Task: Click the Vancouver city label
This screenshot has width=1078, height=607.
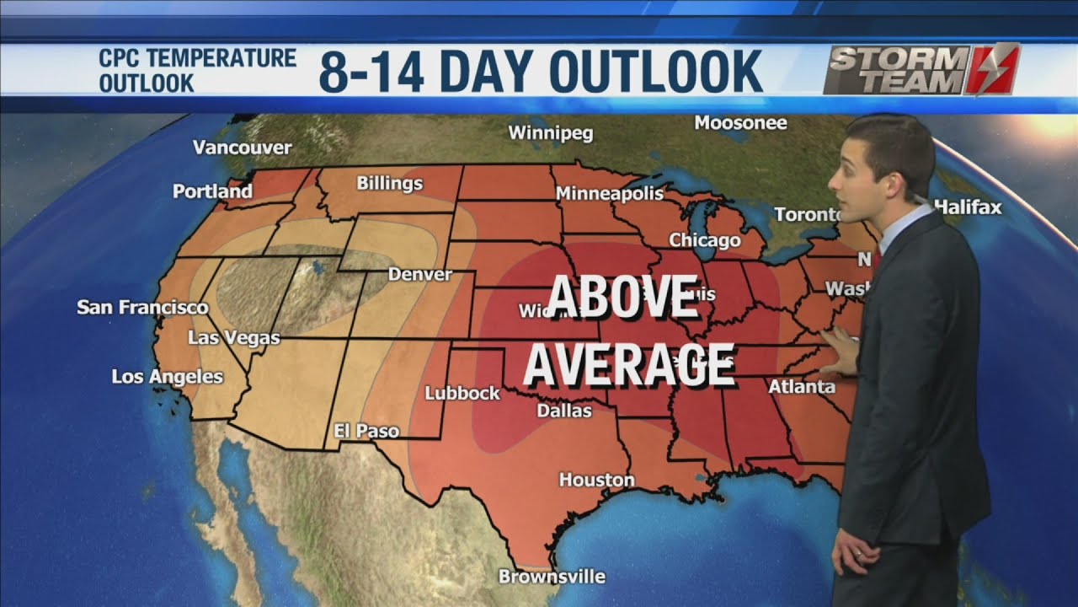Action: click(242, 148)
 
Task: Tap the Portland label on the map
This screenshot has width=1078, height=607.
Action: click(212, 191)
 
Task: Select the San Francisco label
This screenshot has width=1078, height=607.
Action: click(142, 308)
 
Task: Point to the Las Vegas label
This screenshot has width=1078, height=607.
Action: click(233, 338)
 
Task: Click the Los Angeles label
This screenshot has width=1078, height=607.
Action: click(168, 377)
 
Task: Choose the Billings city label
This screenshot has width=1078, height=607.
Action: click(389, 183)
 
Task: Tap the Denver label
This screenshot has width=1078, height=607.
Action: click(419, 274)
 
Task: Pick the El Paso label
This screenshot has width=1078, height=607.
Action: click(366, 431)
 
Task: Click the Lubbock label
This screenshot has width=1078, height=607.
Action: click(462, 393)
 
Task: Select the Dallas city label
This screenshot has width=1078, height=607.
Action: click(564, 411)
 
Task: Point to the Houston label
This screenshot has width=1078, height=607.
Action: click(597, 480)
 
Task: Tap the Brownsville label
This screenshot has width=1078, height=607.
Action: click(552, 577)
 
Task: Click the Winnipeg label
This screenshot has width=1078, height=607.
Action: click(551, 133)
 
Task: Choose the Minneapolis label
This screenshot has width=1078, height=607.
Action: click(610, 194)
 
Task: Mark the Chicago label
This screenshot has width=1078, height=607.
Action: click(705, 241)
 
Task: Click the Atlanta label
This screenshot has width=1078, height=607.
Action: click(801, 387)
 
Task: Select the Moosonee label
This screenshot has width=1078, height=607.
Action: click(740, 123)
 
